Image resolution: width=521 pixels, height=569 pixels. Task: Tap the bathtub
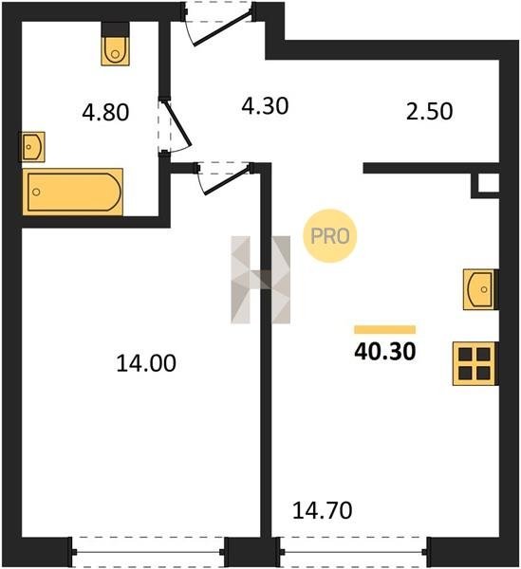pyautogui.click(x=73, y=192)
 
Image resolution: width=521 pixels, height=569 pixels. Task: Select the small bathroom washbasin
pyautogui.click(x=32, y=147)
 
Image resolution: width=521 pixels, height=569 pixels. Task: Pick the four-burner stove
pyautogui.click(x=474, y=363)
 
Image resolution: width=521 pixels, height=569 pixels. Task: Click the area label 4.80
pyautogui.click(x=105, y=112)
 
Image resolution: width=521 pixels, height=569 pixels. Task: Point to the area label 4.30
pyautogui.click(x=265, y=106)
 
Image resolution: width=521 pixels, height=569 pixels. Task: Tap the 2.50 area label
pyautogui.click(x=429, y=111)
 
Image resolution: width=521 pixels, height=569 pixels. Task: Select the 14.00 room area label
pyautogui.click(x=146, y=363)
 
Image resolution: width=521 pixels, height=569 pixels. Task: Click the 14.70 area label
pyautogui.click(x=322, y=510)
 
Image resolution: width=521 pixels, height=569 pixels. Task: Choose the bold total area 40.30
pyautogui.click(x=385, y=352)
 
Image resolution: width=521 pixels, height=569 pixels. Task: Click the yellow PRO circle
pyautogui.click(x=330, y=236)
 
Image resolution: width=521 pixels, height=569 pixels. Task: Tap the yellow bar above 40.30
pyautogui.click(x=385, y=329)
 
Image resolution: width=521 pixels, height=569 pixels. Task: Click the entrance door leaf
pyautogui.click(x=222, y=28)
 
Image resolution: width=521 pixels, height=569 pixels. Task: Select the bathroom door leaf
pyautogui.click(x=177, y=123)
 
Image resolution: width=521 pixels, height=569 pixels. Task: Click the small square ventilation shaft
pyautogui.click(x=487, y=184)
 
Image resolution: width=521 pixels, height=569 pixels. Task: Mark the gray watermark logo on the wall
pyautogui.click(x=261, y=280)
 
